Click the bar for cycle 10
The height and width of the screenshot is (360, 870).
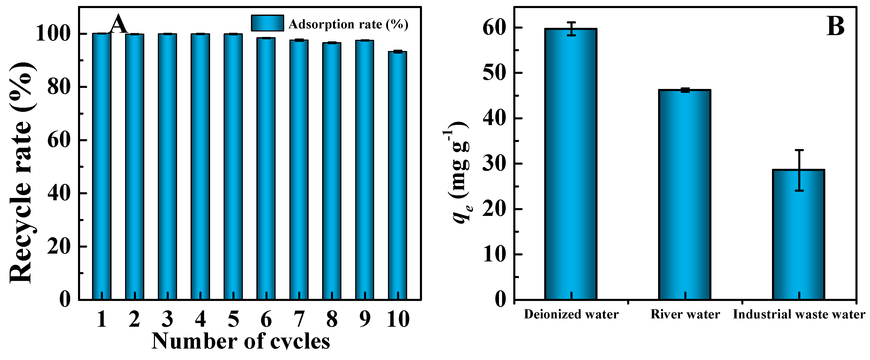pyautogui.click(x=397, y=176)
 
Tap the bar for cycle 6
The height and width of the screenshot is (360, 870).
pyautogui.click(x=266, y=169)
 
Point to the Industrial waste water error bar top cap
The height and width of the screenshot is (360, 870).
pyautogui.click(x=799, y=150)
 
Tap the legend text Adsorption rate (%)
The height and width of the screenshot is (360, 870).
pyautogui.click(x=348, y=24)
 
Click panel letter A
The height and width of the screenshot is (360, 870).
pyautogui.click(x=119, y=24)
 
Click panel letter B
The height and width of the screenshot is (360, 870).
pyautogui.click(x=836, y=26)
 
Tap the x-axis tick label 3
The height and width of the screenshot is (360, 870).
pyautogui.click(x=167, y=319)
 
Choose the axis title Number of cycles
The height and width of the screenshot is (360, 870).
pyautogui.click(x=241, y=341)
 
